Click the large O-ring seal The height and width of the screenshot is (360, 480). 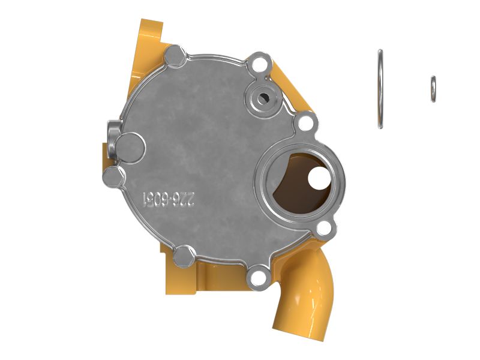(380, 89)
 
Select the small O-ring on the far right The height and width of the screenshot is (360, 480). (433, 89)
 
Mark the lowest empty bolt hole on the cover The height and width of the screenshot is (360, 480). (259, 277)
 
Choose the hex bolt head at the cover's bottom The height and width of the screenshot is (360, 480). (182, 257)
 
